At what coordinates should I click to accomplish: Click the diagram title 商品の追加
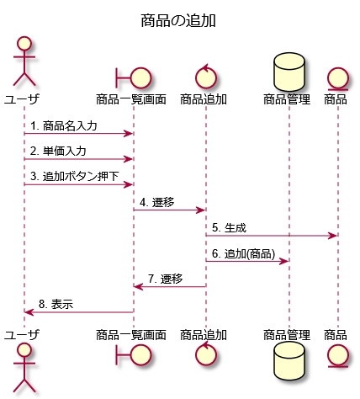[178, 20]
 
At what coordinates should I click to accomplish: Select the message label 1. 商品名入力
[64, 125]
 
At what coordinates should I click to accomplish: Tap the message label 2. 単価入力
[58, 152]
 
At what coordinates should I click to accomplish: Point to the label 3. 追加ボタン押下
[75, 177]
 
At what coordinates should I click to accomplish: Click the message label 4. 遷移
[157, 202]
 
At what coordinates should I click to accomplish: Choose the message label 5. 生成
[229, 228]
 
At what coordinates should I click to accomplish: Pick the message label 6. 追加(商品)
[243, 253]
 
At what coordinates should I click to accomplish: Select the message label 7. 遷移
[166, 279]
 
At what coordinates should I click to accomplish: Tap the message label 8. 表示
[56, 305]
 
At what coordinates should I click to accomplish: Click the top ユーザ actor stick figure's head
[24, 44]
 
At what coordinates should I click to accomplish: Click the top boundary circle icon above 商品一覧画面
[141, 78]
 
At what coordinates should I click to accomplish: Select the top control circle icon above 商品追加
[206, 77]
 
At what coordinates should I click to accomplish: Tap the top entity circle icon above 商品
[338, 79]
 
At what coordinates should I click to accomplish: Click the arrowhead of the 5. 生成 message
[332, 236]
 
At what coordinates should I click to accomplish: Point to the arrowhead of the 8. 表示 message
[29, 312]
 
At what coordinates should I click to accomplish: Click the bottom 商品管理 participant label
[287, 335]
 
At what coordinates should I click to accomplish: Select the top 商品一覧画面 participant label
[131, 99]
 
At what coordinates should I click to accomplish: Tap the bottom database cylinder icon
[289, 360]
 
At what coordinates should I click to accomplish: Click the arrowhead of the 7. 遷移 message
[139, 286]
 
